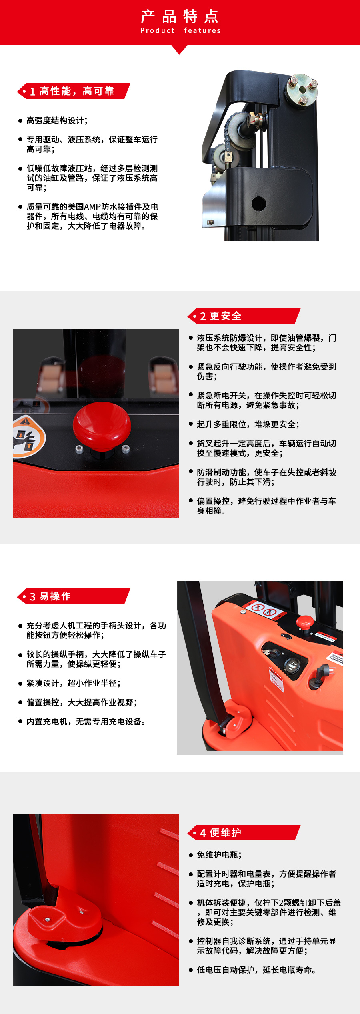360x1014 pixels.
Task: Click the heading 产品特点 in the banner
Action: (180, 17)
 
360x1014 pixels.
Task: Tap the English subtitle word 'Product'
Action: (157, 30)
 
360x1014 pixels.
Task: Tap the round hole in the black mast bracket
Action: (259, 203)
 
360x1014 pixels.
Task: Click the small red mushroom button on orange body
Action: (304, 622)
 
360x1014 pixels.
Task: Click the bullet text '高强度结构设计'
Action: (57, 120)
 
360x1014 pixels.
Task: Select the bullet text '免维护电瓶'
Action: (219, 855)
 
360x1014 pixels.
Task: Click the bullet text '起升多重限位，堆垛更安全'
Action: (248, 424)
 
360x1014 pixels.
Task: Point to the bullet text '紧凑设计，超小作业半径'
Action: (73, 683)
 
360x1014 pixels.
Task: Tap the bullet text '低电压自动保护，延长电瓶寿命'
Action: (256, 970)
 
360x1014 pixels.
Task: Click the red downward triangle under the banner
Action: (180, 49)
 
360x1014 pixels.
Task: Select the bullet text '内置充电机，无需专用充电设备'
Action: (86, 722)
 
